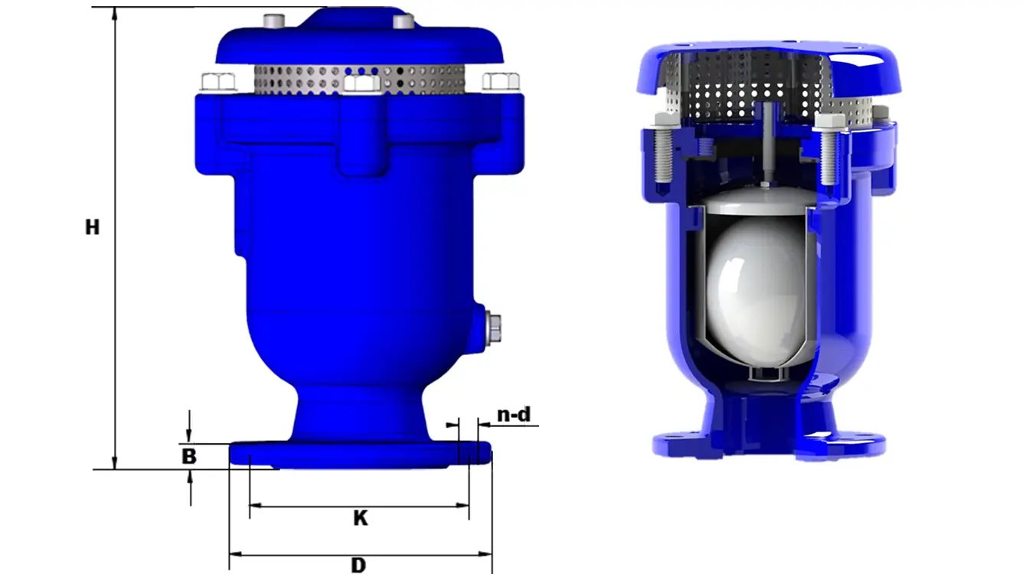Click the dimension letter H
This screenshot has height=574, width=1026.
(x=93, y=227)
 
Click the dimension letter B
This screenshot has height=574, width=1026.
(x=188, y=457)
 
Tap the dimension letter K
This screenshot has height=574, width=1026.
(x=360, y=518)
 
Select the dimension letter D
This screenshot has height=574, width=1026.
(x=358, y=566)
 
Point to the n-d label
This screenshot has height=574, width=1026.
(x=514, y=415)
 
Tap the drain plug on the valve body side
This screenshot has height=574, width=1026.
(x=494, y=328)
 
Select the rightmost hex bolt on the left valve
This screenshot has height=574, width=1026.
(x=501, y=80)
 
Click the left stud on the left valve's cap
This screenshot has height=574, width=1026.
(x=273, y=21)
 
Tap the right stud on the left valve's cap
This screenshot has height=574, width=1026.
(x=403, y=21)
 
